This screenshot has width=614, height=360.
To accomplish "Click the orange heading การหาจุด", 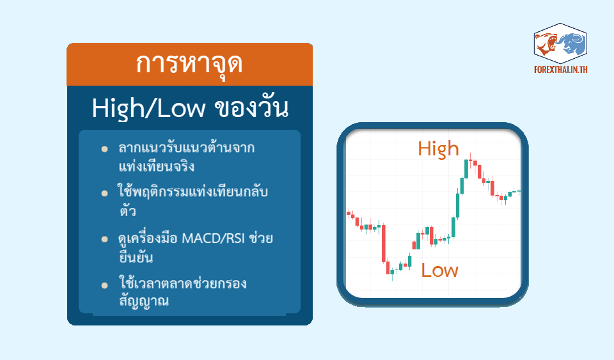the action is pyautogui.click(x=189, y=65).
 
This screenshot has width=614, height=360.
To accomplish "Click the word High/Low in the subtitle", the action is pyautogui.click(x=148, y=109).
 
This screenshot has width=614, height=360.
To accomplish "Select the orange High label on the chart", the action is pyautogui.click(x=438, y=150).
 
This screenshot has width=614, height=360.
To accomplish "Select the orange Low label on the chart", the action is pyautogui.click(x=439, y=270).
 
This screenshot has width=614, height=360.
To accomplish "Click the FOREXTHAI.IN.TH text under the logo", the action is pyautogui.click(x=561, y=70).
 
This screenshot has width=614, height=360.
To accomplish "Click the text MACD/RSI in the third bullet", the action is pyautogui.click(x=214, y=238).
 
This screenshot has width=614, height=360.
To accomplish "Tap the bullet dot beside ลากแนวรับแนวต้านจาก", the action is pyautogui.click(x=104, y=149).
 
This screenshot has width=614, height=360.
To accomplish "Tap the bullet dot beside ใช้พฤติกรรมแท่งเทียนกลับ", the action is pyautogui.click(x=104, y=193).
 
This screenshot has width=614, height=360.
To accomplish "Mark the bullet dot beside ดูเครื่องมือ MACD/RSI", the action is pyautogui.click(x=104, y=239).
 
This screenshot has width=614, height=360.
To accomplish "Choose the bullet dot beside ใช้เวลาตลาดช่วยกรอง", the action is pyautogui.click(x=104, y=285).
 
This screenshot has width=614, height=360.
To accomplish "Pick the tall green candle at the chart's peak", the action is pyautogui.click(x=466, y=169).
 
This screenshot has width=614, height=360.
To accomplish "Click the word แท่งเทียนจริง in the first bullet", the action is pyautogui.click(x=157, y=166).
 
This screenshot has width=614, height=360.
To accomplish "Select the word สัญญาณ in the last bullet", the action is pyautogui.click(x=144, y=301).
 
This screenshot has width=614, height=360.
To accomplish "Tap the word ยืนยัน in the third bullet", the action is pyautogui.click(x=136, y=256).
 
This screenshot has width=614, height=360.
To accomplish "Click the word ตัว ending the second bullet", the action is pyautogui.click(x=128, y=211).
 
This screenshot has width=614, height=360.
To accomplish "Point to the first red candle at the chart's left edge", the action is pyautogui.click(x=349, y=214).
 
